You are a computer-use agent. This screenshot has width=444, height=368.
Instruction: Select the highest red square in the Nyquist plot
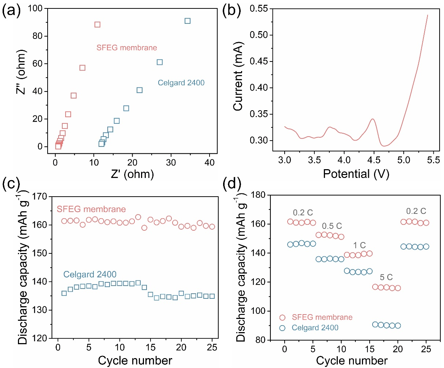coord(97,25)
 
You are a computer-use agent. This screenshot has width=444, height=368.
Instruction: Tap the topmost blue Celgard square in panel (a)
coord(188,21)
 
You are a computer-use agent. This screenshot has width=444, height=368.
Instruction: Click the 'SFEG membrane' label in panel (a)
coord(127,48)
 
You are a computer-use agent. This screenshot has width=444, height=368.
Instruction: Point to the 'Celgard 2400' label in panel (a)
coord(181,83)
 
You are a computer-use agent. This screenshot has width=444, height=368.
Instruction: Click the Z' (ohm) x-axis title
coord(132,173)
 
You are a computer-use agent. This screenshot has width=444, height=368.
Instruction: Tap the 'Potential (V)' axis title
coord(356,174)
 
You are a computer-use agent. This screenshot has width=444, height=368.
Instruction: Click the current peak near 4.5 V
coord(373,119)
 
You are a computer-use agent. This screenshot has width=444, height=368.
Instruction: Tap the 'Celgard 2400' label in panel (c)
coord(90,274)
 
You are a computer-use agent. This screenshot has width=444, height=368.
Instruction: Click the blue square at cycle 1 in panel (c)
coord(64,293)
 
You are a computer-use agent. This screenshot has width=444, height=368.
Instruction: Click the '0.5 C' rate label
coord(332,226)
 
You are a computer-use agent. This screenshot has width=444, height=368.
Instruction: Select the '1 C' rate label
coord(359,245)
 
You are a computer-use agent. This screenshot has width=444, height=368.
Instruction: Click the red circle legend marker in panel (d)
coord(282,317)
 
